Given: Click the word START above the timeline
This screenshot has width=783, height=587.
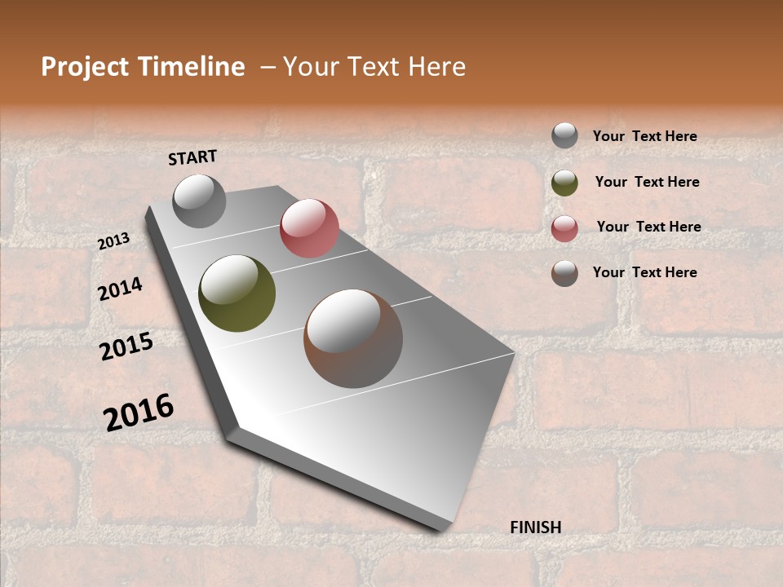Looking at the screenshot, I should click(192, 157).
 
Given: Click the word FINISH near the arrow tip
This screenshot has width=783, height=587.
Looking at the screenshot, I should click(535, 527).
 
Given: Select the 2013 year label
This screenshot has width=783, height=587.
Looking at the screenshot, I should click(114, 241).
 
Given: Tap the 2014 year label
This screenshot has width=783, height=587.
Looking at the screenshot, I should click(120, 289).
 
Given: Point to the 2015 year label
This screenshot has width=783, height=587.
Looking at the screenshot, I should click(126, 346).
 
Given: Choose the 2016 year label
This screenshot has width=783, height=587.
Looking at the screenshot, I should click(139, 412).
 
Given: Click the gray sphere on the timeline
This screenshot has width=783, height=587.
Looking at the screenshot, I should click(199, 201).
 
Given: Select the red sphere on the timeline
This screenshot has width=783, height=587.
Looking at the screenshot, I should click(309, 228).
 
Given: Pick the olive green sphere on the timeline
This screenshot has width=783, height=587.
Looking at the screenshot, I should click(237, 293).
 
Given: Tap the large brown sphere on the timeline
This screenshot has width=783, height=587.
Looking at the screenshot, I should click(353, 338).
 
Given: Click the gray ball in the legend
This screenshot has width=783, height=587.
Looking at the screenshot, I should click(564, 136).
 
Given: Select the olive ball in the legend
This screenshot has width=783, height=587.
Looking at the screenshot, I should click(564, 183).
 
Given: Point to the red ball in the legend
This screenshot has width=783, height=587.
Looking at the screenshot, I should click(564, 228).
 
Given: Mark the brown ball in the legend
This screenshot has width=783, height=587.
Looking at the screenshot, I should click(564, 273).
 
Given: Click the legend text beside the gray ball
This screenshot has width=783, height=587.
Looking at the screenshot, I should click(644, 136).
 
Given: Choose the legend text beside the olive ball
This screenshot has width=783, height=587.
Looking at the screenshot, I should click(647, 182).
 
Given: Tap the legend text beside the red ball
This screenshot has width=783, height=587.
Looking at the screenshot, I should click(648, 227).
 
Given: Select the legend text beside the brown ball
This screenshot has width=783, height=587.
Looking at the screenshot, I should click(644, 272).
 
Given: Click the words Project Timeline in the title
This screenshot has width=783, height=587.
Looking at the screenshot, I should click(143, 67).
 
